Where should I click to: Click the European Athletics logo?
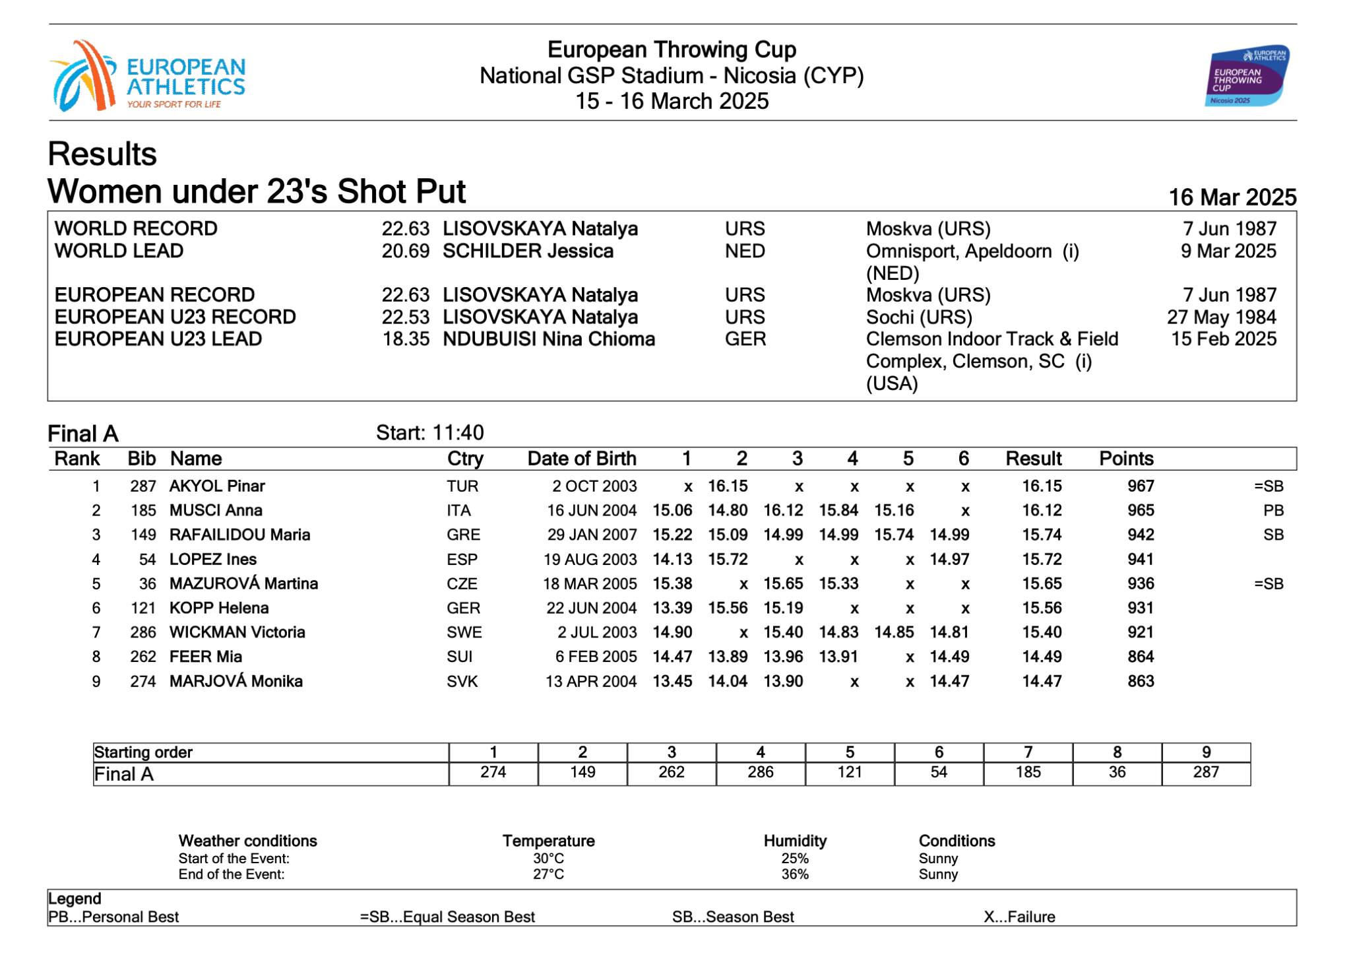pyautogui.click(x=148, y=77)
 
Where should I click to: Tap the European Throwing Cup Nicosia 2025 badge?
pyautogui.click(x=1246, y=76)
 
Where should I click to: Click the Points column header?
pyautogui.click(x=1125, y=459)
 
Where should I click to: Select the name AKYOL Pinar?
pyautogui.click(x=217, y=486)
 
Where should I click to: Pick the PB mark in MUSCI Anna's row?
pyautogui.click(x=1273, y=511)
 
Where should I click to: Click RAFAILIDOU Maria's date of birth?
pyautogui.click(x=592, y=535)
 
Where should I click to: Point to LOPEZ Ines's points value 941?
pyautogui.click(x=1140, y=560)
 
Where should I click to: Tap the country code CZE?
pyautogui.click(x=462, y=584)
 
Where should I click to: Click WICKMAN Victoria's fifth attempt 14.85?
pyautogui.click(x=894, y=633)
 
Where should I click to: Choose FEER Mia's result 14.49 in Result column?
pyautogui.click(x=1042, y=657)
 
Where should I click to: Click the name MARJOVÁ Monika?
pyautogui.click(x=236, y=682)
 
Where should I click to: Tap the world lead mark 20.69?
pyautogui.click(x=405, y=251)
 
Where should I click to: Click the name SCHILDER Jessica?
pyautogui.click(x=528, y=251)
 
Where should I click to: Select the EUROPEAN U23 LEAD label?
pyautogui.click(x=158, y=339)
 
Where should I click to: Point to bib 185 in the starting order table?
pyautogui.click(x=1028, y=773)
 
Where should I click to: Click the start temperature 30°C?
pyautogui.click(x=548, y=859)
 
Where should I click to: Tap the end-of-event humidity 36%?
pyautogui.click(x=795, y=874)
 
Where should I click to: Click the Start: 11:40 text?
pyautogui.click(x=429, y=433)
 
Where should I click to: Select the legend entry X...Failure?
pyautogui.click(x=1019, y=917)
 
